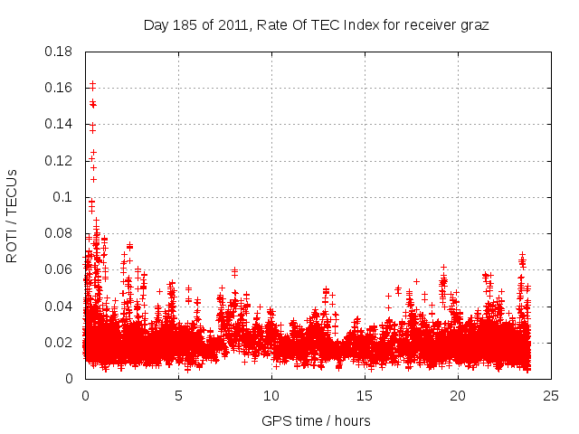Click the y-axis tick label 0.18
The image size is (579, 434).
point(59,52)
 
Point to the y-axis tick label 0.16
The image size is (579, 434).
point(59,88)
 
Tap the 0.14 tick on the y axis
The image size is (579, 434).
point(59,124)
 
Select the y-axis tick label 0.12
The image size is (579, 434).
point(59,160)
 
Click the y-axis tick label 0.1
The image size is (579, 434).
point(62,196)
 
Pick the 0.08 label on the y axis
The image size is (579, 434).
point(59,233)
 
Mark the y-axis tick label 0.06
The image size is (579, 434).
point(59,269)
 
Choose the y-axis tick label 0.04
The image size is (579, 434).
point(59,306)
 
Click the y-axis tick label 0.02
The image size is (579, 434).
point(59,342)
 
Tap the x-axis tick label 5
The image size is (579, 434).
point(178,395)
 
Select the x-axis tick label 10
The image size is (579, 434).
point(271,395)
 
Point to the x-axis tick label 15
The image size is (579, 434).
point(365,395)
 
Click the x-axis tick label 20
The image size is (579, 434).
point(458,395)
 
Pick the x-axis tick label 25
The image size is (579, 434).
point(551,395)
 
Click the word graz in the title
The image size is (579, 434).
point(474,25)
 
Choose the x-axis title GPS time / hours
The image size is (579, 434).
point(316,420)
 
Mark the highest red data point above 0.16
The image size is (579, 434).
point(92,84)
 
